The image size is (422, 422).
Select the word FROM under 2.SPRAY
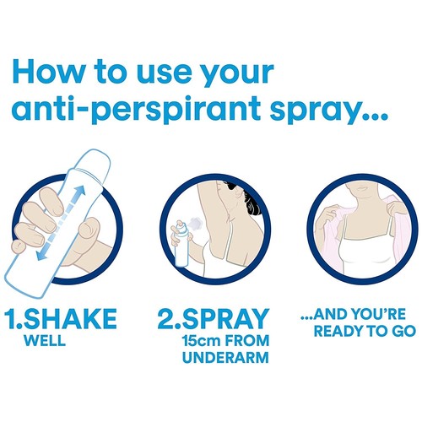coord(251,344)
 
